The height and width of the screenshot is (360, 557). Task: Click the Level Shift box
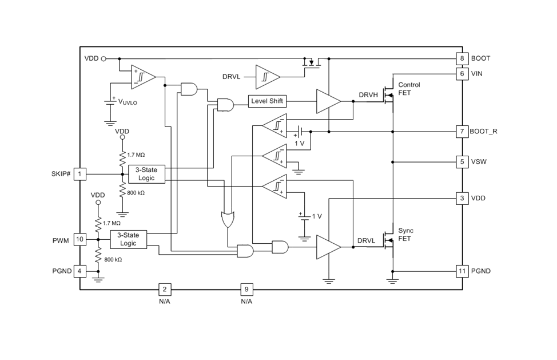267,101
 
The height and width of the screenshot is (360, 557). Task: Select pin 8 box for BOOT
462,58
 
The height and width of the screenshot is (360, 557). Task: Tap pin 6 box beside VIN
462,74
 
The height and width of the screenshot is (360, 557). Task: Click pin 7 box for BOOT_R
462,132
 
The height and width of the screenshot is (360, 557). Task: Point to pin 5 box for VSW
462,162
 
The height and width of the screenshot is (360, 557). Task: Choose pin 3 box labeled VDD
462,198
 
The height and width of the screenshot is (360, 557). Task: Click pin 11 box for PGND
462,271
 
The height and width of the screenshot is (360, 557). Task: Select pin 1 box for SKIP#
79,174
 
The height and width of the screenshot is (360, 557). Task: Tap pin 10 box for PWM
79,239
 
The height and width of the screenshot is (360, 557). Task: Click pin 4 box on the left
79,271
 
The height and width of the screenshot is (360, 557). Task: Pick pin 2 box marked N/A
165,289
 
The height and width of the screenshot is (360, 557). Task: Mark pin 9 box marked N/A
246,289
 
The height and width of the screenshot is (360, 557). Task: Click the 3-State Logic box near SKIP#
146,174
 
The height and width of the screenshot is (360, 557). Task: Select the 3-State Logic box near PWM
128,240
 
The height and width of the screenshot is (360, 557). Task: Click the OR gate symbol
228,219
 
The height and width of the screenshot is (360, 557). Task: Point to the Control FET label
409,89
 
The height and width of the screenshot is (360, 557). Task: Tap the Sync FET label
405,235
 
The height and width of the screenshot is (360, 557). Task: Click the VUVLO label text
128,102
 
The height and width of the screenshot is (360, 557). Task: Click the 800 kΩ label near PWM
113,260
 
